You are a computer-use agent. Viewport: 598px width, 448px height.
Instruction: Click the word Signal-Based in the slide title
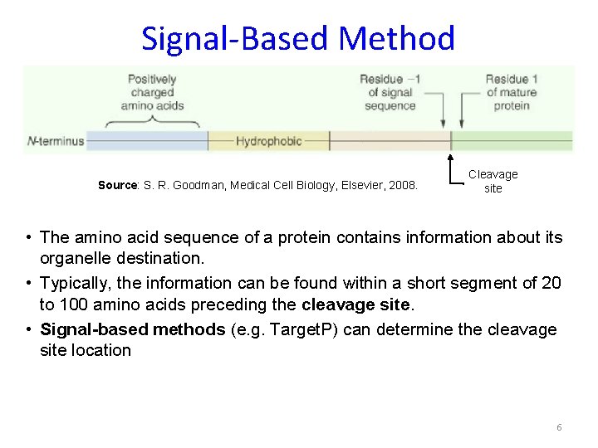236,39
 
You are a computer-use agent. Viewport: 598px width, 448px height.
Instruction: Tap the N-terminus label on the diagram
56,141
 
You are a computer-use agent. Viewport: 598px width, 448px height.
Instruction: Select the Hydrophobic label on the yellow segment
268,141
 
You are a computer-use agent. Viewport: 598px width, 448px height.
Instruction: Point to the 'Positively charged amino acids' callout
152,92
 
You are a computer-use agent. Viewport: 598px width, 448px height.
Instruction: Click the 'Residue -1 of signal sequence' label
390,92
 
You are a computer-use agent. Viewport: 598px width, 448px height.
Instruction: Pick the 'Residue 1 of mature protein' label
512,92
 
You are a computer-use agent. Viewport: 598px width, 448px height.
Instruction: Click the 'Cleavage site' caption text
493,181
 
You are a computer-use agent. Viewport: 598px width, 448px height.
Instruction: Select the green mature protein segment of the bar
511,140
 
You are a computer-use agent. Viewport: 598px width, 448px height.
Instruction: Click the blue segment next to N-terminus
146,140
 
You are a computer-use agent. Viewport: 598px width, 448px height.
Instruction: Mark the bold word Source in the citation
115,185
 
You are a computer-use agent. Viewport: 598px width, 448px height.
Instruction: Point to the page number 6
559,427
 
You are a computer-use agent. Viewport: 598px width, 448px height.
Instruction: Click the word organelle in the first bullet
76,259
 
